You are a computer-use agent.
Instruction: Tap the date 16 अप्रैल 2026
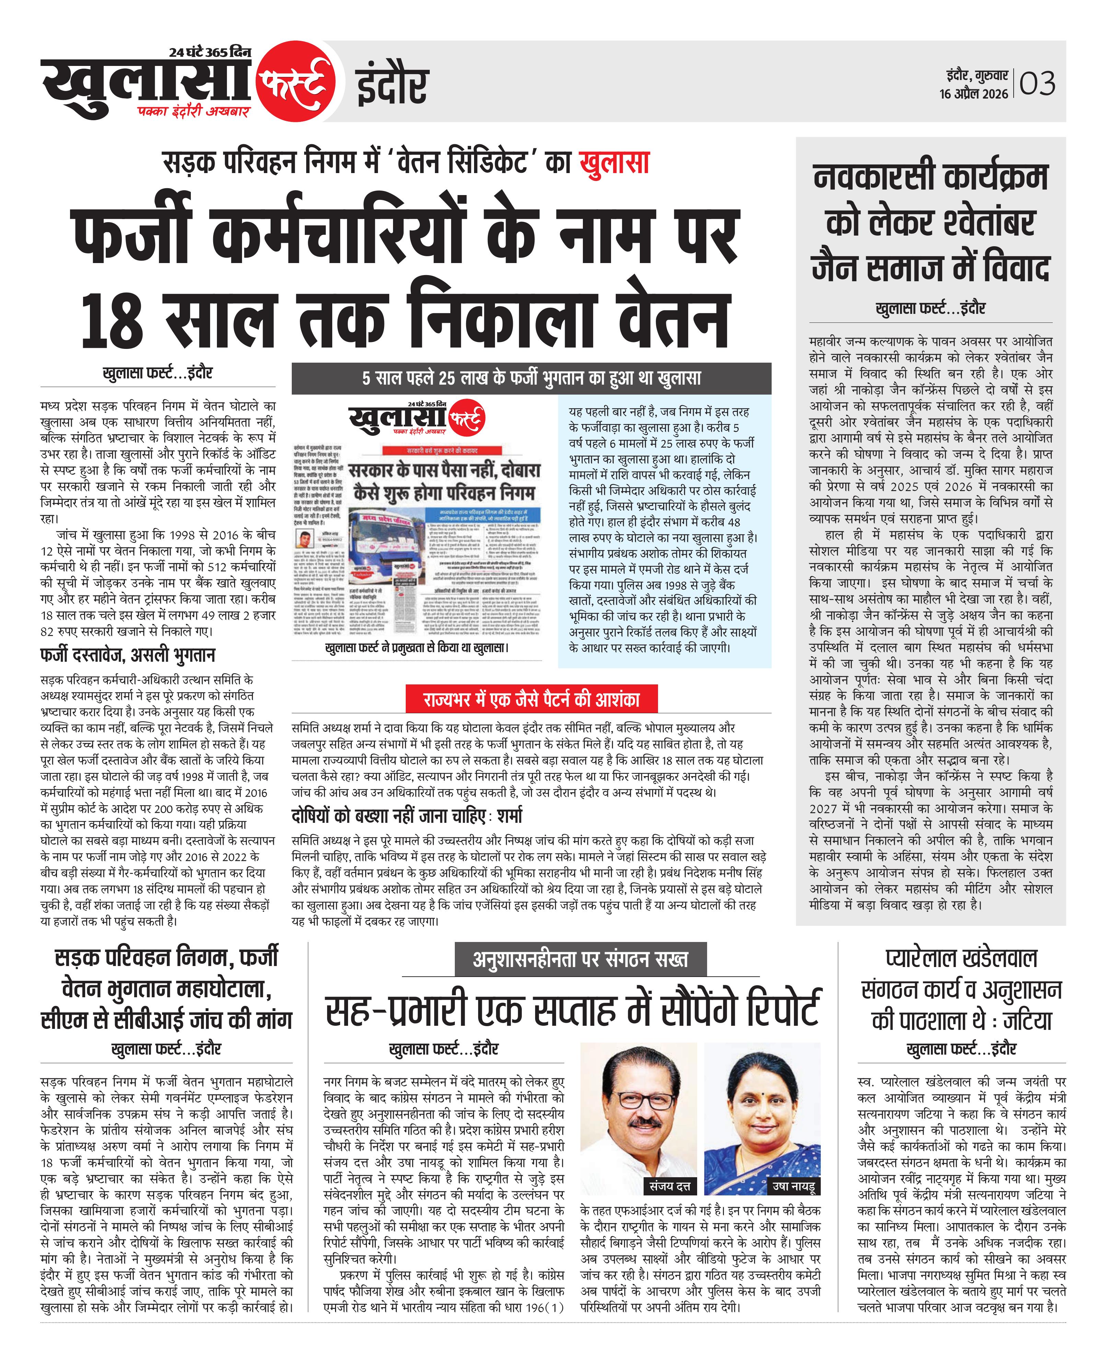[974, 94]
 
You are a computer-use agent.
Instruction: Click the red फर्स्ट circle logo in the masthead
[295, 82]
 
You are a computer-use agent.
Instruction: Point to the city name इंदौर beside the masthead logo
[391, 85]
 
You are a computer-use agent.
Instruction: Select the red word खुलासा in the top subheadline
[614, 163]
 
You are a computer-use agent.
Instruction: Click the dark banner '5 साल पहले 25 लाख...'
[531, 378]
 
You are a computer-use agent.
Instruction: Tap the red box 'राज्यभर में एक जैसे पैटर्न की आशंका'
[531, 699]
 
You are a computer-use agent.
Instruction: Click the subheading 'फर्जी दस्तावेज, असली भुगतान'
[128, 655]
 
